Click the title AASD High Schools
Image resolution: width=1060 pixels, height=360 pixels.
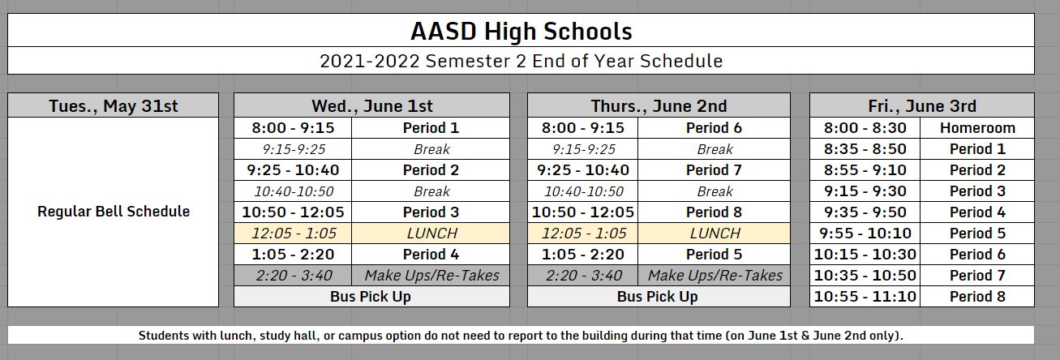point(521,32)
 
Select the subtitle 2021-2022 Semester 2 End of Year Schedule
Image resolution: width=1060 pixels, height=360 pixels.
point(521,61)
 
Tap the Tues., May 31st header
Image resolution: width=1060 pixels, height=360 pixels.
point(113,106)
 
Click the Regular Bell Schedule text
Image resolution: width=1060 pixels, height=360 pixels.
point(114,212)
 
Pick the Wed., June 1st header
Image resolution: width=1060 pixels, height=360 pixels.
point(372,106)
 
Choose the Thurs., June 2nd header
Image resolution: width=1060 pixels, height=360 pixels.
point(658,106)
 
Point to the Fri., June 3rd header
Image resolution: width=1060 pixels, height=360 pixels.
point(922,106)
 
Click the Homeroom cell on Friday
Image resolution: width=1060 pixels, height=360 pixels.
point(977,128)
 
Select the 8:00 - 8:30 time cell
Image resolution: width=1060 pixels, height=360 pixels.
point(865,128)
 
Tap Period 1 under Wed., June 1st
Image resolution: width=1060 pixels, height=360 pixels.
point(431,128)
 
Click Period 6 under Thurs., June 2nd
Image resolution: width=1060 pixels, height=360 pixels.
point(714,128)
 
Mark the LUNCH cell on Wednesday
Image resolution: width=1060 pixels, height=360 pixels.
point(431,234)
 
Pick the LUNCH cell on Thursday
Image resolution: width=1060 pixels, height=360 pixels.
point(714,234)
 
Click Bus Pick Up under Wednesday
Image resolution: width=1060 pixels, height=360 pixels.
point(371,297)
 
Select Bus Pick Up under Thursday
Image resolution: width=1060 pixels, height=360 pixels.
point(658,297)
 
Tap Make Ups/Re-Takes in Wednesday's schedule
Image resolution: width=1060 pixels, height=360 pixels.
point(431,276)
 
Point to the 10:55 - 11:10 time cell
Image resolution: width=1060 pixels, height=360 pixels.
point(865,297)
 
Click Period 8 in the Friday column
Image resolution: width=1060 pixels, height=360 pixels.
point(977,297)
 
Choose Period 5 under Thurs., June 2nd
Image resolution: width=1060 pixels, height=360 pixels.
point(714,255)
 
